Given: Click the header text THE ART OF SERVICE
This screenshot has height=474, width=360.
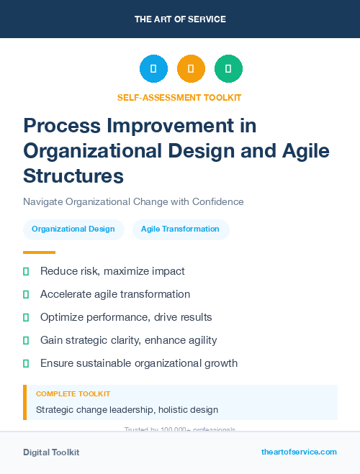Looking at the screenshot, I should (180, 19).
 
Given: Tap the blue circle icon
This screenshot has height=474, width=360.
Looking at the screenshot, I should (153, 69).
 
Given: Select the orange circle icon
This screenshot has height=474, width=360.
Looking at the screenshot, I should (191, 69).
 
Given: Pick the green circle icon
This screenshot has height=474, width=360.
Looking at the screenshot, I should (228, 69).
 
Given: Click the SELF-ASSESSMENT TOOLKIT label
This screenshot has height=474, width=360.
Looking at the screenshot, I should (180, 97).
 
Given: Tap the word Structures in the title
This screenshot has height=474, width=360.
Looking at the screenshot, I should (73, 176).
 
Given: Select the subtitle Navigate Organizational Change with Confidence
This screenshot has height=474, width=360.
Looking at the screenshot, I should (133, 201).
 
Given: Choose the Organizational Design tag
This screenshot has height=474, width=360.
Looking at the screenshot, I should (73, 229).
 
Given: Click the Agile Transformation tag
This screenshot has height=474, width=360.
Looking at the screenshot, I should (180, 229).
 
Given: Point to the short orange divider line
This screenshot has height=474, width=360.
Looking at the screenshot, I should (39, 252).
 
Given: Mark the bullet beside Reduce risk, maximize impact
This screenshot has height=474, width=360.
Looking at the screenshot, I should (26, 271).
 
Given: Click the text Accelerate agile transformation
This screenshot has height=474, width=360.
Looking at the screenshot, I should (115, 294).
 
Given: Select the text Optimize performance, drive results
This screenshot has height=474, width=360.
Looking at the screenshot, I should (126, 317).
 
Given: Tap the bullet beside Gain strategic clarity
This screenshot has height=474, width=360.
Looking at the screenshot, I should (26, 340).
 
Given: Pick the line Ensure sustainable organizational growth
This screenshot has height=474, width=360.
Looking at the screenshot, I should (139, 363).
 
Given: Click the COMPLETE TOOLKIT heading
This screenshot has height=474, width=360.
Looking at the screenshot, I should (73, 394).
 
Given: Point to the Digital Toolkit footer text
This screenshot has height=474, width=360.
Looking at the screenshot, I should (51, 452).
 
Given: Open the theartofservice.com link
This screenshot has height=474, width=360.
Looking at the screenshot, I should (299, 452).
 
